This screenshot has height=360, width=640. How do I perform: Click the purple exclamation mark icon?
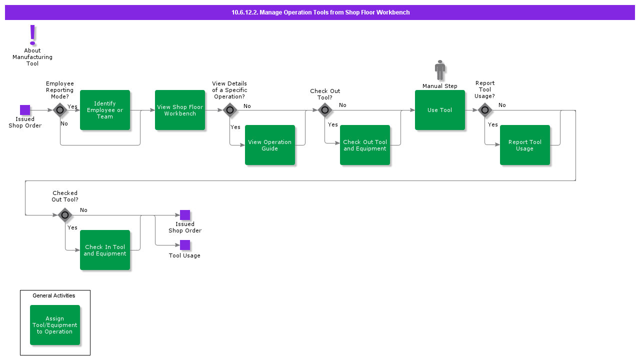coord(32,35)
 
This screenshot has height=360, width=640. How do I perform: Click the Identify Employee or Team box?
coord(105,110)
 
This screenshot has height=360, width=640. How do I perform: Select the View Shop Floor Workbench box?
coord(180,110)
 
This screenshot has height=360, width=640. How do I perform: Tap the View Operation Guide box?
coord(270,145)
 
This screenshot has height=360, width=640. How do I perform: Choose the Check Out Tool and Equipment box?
coord(365,145)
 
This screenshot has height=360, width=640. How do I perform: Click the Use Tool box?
coord(440,110)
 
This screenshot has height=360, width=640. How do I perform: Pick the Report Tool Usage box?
coord(525,145)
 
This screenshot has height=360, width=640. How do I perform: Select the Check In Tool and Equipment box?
coord(105,250)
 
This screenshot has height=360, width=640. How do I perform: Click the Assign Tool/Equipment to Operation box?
coord(55,325)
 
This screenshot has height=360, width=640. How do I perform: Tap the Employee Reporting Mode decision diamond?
coord(60,110)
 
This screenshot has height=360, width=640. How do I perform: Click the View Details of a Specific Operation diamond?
coord(230,110)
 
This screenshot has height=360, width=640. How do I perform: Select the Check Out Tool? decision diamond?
coord(325,110)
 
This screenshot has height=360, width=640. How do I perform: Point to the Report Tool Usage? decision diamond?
coord(485,110)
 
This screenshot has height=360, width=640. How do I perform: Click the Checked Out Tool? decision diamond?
coord(65,215)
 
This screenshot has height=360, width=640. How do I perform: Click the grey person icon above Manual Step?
coord(440,70)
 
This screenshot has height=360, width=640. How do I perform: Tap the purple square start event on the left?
coord(25,110)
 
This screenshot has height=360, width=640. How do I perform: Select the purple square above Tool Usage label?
coord(185,245)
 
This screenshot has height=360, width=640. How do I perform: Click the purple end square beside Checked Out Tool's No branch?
coord(185,215)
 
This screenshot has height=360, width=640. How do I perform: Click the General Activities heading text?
coord(54,295)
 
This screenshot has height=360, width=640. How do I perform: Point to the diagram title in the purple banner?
coord(320,12)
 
